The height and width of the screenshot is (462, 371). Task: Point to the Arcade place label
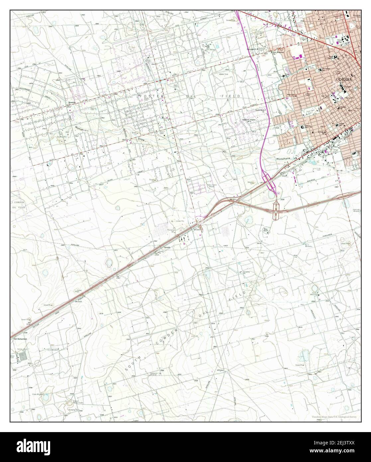pos(166,248)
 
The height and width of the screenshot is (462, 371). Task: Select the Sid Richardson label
pos(20,339)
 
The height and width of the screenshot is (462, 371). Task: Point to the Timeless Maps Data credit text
pos(335,417)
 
